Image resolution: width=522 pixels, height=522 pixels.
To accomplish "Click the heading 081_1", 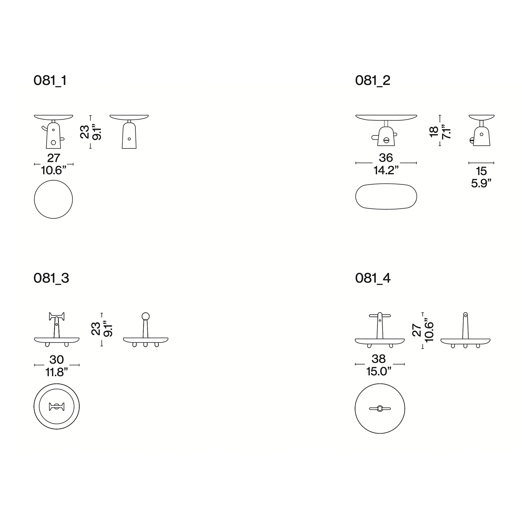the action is [50, 80].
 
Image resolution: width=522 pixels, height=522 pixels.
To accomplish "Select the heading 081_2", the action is [373, 80].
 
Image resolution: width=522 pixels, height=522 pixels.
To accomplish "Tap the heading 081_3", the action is [51, 278].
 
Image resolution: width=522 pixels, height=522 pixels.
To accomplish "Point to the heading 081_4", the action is [373, 278].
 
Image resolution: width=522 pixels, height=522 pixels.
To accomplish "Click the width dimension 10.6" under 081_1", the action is [54, 171].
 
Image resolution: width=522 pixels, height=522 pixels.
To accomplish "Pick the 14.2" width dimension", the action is [386, 170].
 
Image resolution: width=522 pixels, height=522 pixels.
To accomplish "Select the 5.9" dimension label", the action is [481, 183].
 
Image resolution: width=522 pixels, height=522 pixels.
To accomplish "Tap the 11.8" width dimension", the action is [56, 372].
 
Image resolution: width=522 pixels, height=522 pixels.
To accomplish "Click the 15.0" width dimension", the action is [379, 371].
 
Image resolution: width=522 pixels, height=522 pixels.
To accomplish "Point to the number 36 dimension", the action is [386, 158].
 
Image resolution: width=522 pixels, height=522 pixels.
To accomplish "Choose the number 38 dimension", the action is [379, 359].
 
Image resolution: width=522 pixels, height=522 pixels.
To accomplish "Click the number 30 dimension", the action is [56, 359].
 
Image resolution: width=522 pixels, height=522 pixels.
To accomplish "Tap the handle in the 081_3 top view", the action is [56, 406].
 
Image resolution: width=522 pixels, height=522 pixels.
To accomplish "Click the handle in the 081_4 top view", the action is [380, 409].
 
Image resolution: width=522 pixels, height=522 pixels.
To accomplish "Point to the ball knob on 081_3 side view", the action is [145, 316].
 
